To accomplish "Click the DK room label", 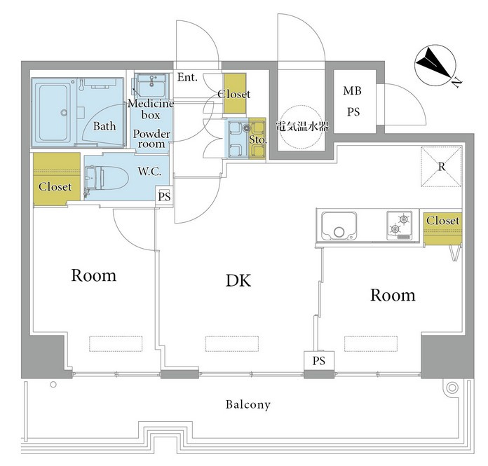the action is [x=238, y=280].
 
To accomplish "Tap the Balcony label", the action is [x=248, y=405].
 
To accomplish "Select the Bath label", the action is [x=104, y=126].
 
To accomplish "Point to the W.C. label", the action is [x=149, y=171].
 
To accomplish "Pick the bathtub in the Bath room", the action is [x=53, y=113].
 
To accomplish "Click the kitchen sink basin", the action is [x=339, y=226].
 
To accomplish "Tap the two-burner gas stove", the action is [x=399, y=225].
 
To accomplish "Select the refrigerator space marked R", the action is [x=441, y=167].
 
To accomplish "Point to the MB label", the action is [x=352, y=91].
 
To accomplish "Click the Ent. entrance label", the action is [x=187, y=77].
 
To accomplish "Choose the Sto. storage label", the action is [x=258, y=139].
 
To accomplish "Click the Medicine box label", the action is [x=151, y=109].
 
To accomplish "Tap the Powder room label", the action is [x=151, y=139].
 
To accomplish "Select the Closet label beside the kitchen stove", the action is [x=442, y=221].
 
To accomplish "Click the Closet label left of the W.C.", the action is [x=55, y=186].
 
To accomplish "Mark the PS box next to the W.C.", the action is [x=164, y=196].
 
